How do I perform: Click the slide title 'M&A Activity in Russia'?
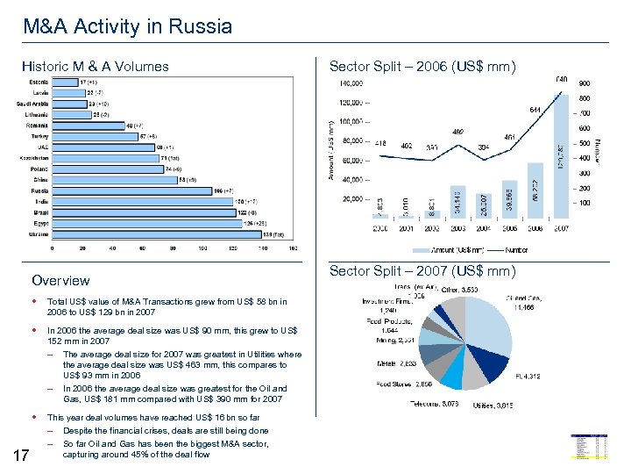pyautogui.click(x=128, y=26)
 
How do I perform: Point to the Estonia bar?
pyautogui.click(x=65, y=83)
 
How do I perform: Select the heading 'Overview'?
pyautogui.click(x=60, y=281)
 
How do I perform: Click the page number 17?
pyautogui.click(x=23, y=454)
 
